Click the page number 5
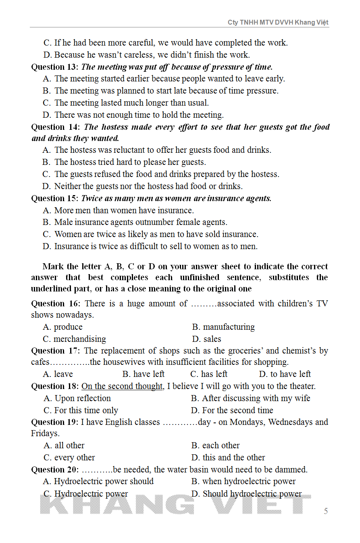coord(326,511)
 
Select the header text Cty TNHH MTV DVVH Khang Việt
coord(278,23)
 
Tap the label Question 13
coord(54,67)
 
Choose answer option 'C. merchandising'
coord(75,339)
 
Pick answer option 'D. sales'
coord(207,339)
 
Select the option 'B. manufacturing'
coord(224,327)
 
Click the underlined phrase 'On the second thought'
coord(122,386)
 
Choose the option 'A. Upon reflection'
coord(77,398)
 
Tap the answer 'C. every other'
coord(69,458)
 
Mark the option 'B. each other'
coord(216,445)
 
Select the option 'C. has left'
coord(209,374)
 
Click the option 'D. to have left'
coord(285,374)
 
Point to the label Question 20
coord(55,470)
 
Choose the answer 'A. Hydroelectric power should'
coord(98,481)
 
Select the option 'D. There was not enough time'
coord(133,115)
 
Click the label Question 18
coord(55,386)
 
